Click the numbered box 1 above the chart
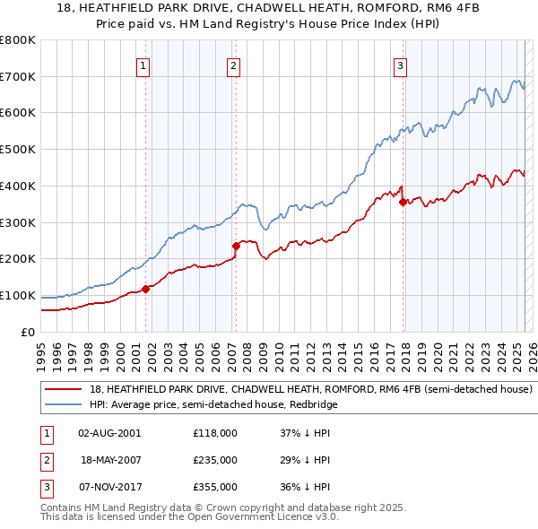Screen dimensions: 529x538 coord(143,65)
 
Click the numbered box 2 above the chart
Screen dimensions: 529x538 coord(233,65)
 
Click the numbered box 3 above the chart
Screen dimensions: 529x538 coord(400,65)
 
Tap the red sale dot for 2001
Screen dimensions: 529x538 coord(145,289)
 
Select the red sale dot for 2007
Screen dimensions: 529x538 coord(236,246)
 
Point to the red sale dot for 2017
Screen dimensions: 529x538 coord(403,202)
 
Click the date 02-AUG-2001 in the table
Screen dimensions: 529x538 coord(109,433)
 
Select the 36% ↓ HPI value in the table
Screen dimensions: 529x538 coord(306,487)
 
